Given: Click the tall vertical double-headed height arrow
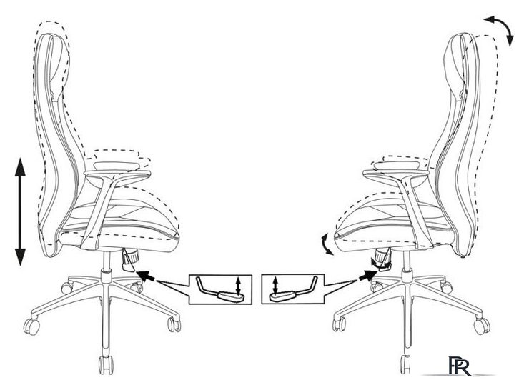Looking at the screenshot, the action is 20,211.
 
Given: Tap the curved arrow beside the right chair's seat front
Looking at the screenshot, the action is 326,244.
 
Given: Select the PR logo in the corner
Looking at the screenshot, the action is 460,366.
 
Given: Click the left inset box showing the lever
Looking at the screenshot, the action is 220,289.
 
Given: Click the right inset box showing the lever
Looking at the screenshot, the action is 293,289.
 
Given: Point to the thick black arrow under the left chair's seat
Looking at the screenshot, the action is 146,276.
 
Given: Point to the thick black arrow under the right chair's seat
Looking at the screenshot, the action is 367,276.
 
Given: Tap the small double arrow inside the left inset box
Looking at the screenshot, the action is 239,286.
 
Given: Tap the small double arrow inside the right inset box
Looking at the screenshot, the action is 275,285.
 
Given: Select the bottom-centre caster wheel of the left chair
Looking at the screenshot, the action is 106,364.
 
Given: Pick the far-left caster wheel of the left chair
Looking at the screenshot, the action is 31,326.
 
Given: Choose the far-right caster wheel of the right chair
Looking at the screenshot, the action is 482,325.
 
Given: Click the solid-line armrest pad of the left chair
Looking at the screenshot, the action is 117,166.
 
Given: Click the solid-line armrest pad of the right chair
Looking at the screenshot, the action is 397,165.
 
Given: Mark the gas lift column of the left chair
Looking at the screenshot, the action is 107,261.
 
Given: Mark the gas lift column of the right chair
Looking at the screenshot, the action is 407,261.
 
